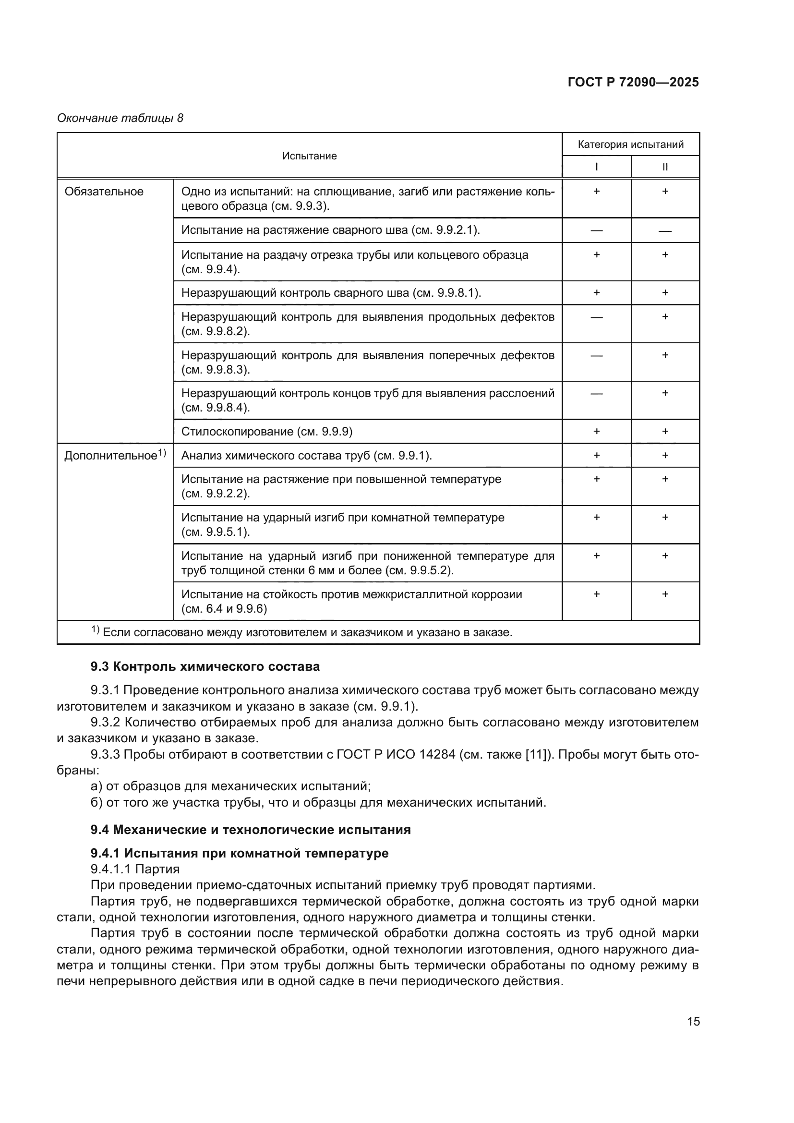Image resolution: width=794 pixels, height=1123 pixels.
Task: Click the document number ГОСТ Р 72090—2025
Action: click(633, 82)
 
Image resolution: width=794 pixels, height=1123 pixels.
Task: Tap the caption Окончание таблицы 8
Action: click(120, 118)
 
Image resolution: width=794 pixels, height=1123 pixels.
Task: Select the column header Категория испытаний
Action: click(630, 145)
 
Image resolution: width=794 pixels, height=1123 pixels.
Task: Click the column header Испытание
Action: click(309, 156)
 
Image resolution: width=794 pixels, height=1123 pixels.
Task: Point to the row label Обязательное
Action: click(104, 192)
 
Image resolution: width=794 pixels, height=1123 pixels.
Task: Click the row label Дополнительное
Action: click(110, 456)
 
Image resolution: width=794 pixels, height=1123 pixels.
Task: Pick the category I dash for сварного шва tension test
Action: click(596, 230)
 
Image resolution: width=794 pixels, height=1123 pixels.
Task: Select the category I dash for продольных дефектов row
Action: click(596, 317)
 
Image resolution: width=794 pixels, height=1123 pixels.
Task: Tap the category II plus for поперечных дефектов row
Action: click(665, 355)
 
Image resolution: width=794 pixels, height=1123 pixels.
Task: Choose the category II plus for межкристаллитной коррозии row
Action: click(665, 594)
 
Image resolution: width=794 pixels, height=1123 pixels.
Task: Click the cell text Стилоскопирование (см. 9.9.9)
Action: click(267, 432)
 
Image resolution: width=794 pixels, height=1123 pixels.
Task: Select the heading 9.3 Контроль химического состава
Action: click(205, 666)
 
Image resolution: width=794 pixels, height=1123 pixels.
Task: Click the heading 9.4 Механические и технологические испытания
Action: click(250, 830)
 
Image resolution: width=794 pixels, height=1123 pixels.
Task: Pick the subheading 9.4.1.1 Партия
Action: click(135, 869)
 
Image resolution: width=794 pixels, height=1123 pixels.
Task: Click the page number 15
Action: click(693, 1021)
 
